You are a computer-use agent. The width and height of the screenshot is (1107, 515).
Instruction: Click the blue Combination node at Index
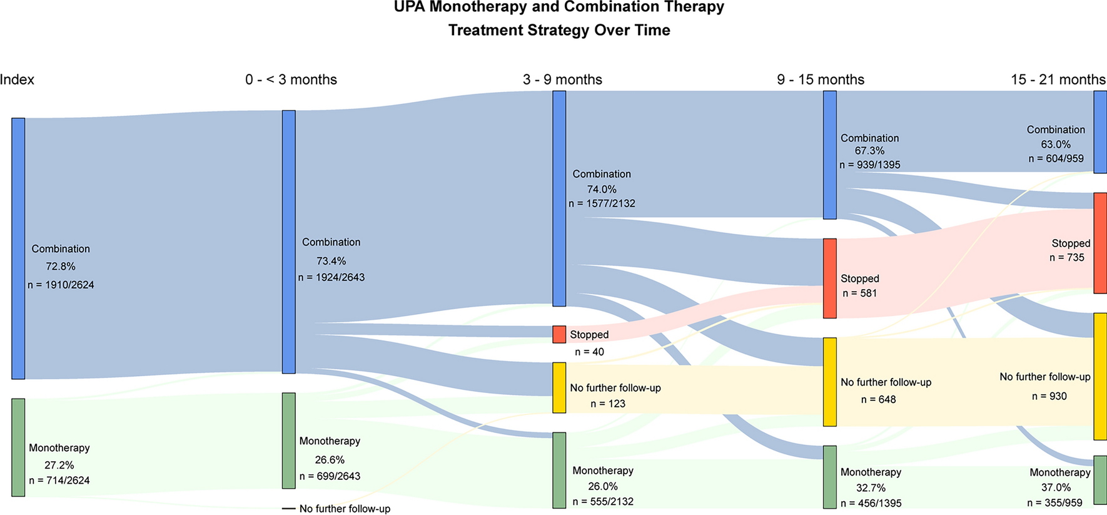coord(18,248)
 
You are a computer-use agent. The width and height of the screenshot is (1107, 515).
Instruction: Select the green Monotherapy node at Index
coord(18,447)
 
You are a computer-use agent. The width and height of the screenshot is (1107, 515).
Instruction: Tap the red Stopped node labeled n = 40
coord(559,334)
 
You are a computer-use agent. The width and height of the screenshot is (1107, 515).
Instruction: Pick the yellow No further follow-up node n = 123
coord(559,388)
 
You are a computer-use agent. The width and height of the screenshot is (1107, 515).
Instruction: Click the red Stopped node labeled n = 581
coord(829,278)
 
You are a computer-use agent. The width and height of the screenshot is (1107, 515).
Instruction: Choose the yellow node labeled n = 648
coord(829,382)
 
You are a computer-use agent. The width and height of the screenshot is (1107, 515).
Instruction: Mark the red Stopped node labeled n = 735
coord(1100,243)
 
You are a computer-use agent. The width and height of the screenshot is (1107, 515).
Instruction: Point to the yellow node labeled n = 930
coord(1100,377)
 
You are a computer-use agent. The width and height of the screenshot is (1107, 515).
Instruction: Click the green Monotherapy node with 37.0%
coord(1100,480)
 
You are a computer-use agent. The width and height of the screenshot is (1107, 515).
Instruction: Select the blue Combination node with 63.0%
coord(1100,132)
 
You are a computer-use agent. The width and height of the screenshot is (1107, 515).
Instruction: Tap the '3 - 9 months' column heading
coord(562,79)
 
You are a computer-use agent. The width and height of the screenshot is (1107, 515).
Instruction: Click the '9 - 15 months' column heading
coord(821,79)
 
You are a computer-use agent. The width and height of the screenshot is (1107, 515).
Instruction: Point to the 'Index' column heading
coord(17,79)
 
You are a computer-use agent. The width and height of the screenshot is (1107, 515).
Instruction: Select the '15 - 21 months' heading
coord(1058,79)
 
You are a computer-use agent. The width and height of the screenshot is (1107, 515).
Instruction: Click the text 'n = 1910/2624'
coord(61,285)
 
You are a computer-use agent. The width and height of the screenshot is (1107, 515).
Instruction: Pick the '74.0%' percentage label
coord(602,189)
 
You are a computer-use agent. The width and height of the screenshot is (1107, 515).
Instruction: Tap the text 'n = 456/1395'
coord(871,503)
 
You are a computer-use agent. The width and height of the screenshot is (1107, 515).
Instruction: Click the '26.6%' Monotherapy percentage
coord(330,460)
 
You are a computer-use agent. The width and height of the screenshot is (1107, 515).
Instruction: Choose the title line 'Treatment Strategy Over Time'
coord(559,30)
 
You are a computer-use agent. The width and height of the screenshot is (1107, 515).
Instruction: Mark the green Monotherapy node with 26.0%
coord(559,470)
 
